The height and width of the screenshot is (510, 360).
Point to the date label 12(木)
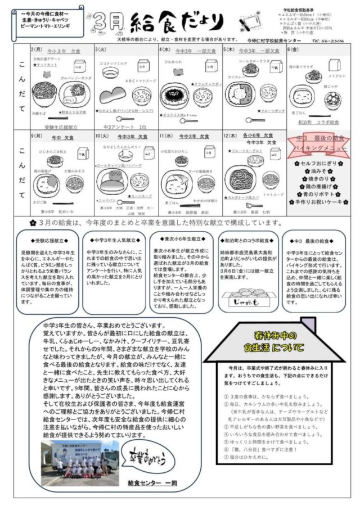229,136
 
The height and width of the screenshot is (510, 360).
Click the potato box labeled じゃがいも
248,297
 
